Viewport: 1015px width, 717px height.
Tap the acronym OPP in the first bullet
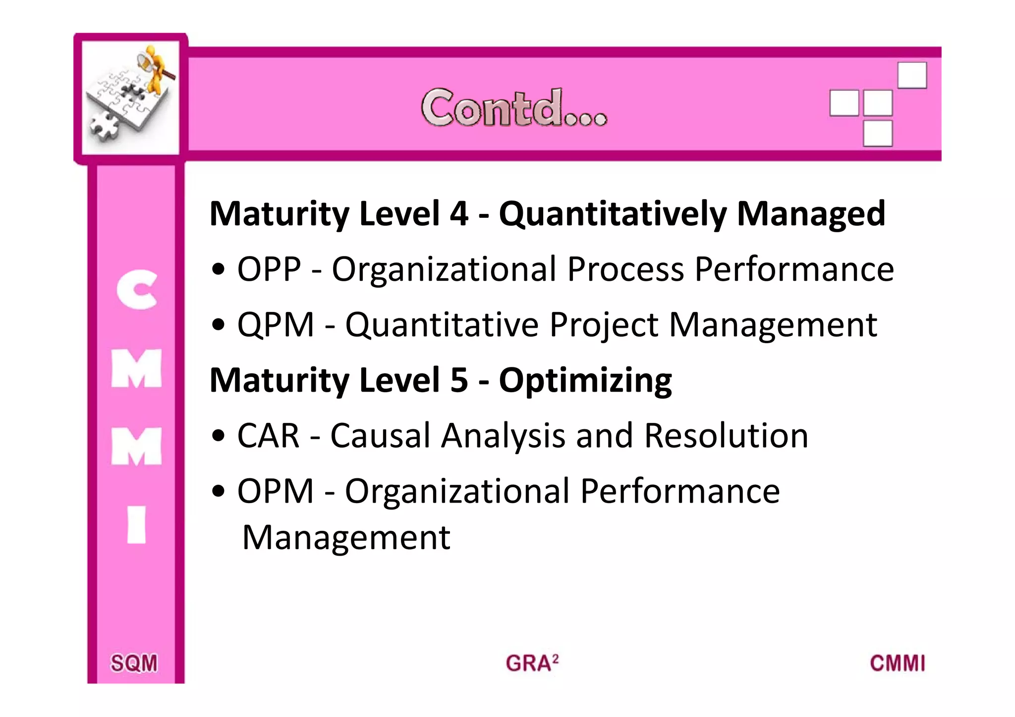point(269,269)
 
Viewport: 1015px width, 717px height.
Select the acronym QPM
point(276,325)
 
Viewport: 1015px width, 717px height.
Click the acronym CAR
point(268,436)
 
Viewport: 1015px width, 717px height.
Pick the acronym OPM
point(276,492)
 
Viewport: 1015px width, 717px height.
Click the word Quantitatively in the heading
point(613,214)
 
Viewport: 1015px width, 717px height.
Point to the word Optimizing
point(585,381)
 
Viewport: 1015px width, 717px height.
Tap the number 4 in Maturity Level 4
point(459,214)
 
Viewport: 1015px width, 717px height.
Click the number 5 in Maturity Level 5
point(459,380)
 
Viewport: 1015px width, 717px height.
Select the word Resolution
point(726,436)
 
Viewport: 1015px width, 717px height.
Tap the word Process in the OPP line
point(625,269)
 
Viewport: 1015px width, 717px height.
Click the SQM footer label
point(134,663)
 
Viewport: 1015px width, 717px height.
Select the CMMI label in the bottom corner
point(898,663)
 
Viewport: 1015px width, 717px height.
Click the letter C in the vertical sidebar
point(137,290)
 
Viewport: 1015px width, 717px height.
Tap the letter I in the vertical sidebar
point(137,525)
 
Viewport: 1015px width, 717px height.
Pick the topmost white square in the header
point(912,75)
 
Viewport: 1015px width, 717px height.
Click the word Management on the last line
point(346,538)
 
